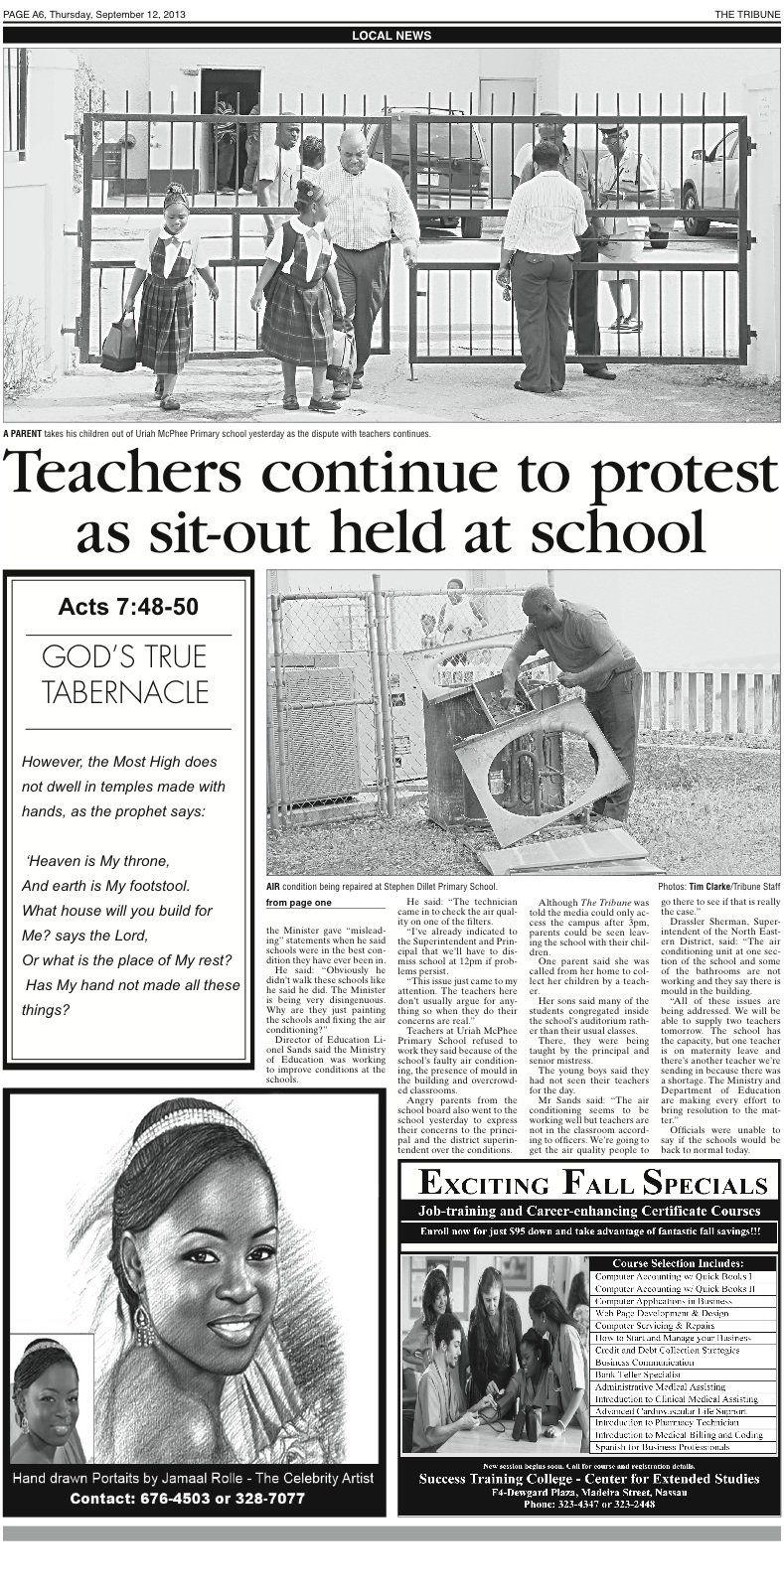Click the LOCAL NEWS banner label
coord(392,35)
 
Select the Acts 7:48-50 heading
coord(127,607)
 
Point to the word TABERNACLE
coord(125,692)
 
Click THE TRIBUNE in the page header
coord(747,13)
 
